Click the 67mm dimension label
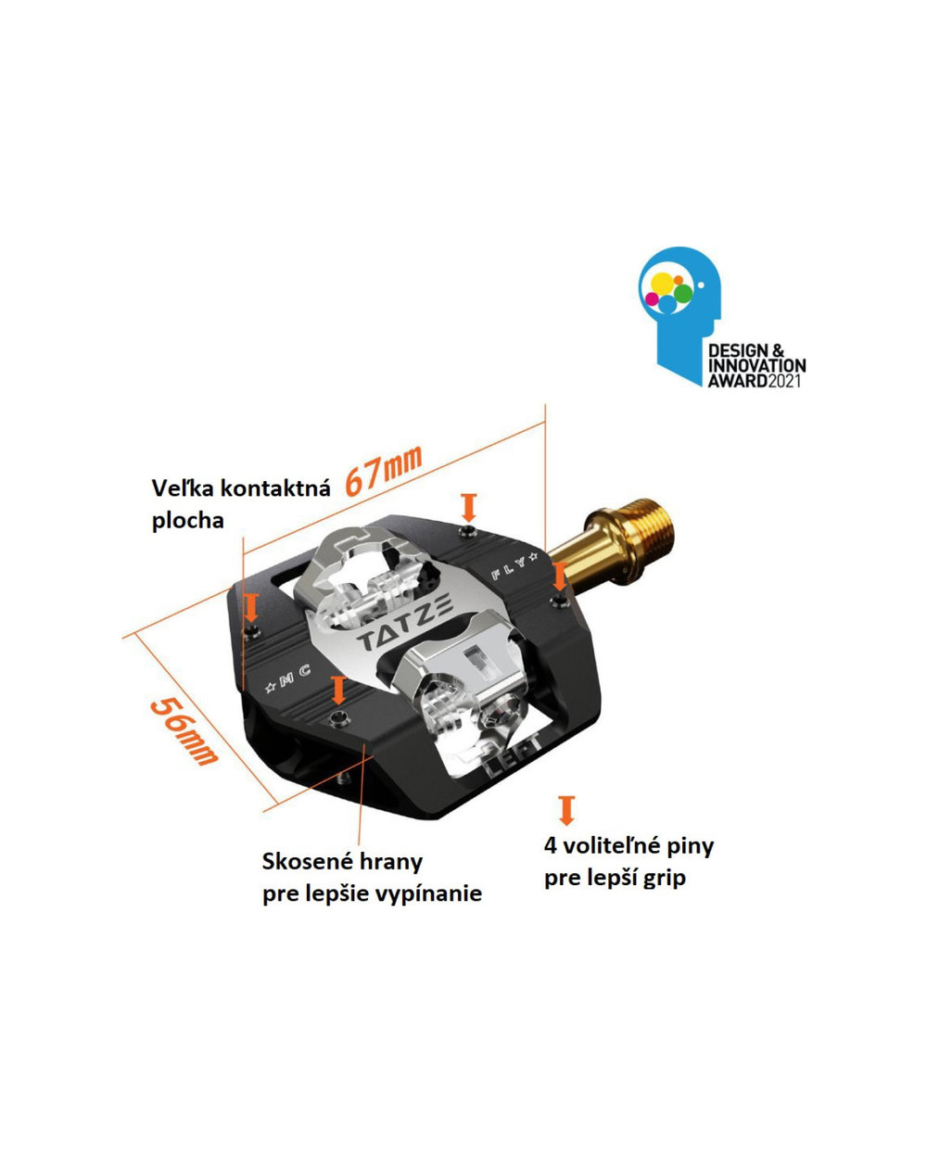coord(383,468)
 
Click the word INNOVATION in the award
coord(756,365)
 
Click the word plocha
coord(187,520)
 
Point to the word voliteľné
coord(613,845)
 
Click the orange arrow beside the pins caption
coord(565,809)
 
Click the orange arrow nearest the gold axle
coord(559,576)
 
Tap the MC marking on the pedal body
coord(289,681)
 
